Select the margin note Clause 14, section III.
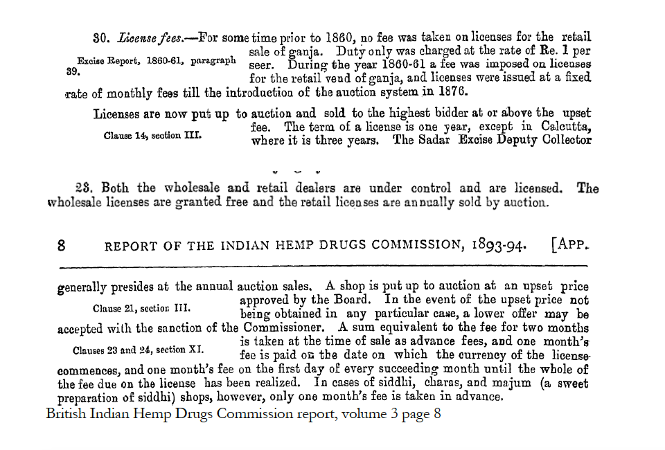point(152,136)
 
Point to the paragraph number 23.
point(84,188)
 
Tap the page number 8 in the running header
point(61,245)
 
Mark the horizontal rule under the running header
point(324,267)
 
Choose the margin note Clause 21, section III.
point(143,308)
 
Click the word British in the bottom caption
point(67,414)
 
